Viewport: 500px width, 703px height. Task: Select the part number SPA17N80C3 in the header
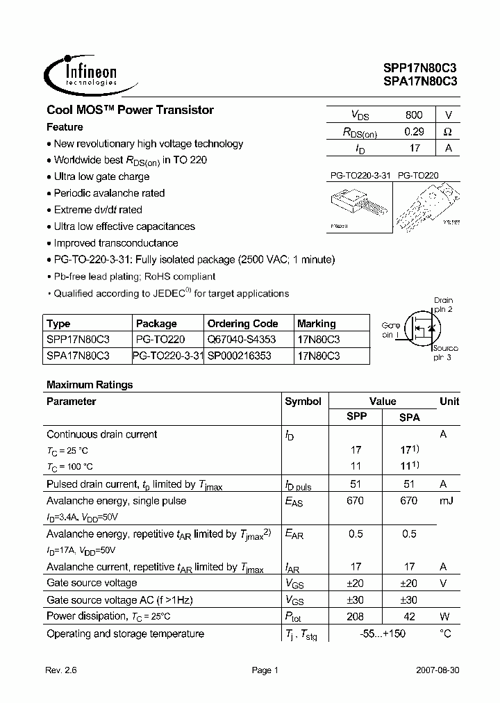tap(419, 81)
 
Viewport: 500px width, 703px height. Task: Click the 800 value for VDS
tap(413, 115)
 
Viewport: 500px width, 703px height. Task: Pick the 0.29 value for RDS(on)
tap(413, 131)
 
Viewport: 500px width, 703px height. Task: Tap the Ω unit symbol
tap(448, 131)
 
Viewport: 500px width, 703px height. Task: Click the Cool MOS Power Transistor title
tap(130, 110)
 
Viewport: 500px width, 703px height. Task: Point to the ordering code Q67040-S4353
tap(242, 340)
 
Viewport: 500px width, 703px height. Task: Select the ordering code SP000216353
tap(240, 356)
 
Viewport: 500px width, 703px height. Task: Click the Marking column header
tap(316, 324)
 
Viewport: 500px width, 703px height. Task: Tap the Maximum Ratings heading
tap(90, 384)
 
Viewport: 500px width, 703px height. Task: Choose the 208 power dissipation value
tap(356, 615)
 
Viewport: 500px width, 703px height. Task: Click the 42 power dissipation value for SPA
tap(409, 615)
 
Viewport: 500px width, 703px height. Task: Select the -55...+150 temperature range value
tap(383, 634)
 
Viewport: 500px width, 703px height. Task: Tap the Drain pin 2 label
tap(443, 304)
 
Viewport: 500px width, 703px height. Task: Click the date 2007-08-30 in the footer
tap(436, 670)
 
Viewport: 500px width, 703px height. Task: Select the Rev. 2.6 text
tap(62, 670)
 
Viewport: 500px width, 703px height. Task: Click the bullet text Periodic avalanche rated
tap(109, 193)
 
